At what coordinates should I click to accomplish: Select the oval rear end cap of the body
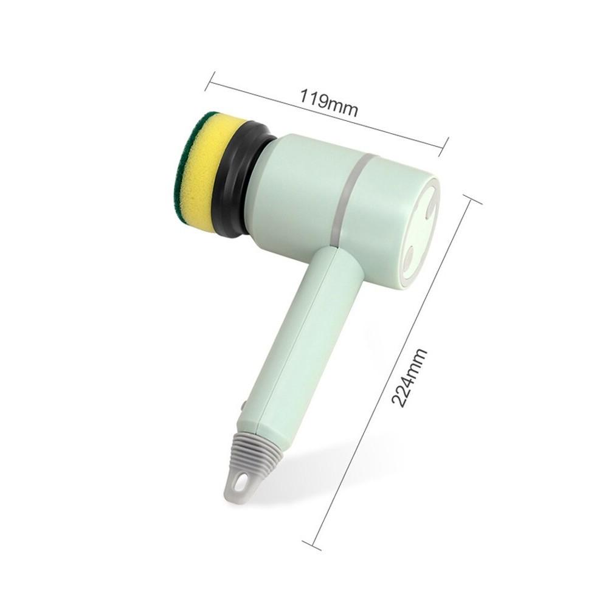420,231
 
